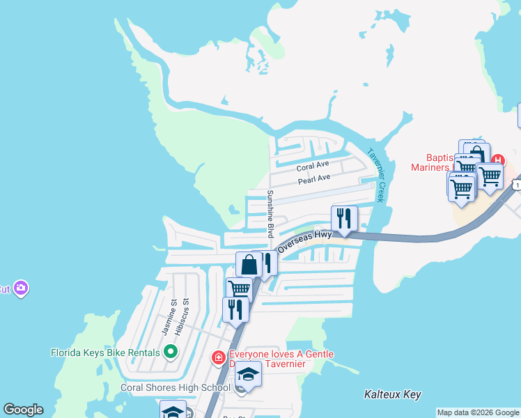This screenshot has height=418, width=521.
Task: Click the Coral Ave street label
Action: (312, 167)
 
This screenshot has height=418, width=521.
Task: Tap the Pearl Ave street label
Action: (314, 180)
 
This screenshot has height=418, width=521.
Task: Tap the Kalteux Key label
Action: (393, 394)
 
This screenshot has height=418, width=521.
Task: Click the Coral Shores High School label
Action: (176, 387)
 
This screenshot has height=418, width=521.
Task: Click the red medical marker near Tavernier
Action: (218, 358)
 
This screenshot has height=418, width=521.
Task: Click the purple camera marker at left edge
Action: (21, 288)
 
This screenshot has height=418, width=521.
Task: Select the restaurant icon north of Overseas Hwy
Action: (344, 219)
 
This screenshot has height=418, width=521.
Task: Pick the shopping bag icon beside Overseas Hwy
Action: (249, 265)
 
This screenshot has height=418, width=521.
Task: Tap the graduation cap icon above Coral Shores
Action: (247, 374)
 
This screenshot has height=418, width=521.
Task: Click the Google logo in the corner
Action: (22, 410)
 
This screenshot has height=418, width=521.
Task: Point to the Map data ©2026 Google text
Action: (477, 412)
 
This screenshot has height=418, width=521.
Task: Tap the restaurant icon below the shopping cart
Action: (235, 309)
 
